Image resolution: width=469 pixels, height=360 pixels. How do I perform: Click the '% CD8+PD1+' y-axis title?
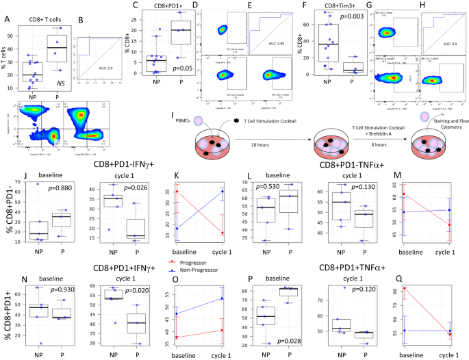[x=7, y=305]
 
